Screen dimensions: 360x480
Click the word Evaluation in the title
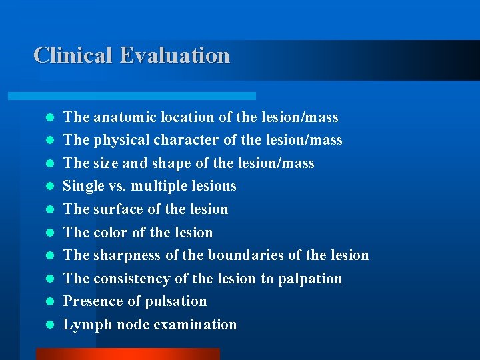click(175, 55)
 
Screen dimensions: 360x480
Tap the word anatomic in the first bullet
click(122, 117)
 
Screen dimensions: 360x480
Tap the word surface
click(117, 209)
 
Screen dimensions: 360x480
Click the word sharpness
click(132, 255)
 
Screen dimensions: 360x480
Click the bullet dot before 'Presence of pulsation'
click(49, 302)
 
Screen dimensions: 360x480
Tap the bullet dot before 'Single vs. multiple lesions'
click(49, 187)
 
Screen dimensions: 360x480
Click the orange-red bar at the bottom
click(127, 354)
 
